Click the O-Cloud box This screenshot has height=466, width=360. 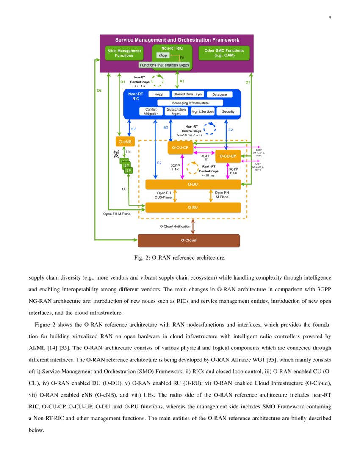click(x=189, y=240)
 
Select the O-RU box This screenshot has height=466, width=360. click(x=193, y=208)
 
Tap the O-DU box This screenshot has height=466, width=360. click(x=193, y=184)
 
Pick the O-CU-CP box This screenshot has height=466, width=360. click(x=180, y=147)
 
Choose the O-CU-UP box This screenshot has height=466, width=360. click(x=228, y=156)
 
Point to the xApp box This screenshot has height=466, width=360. click(x=159, y=94)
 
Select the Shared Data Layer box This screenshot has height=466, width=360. click(x=188, y=94)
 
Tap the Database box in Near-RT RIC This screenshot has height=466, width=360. click(x=219, y=94)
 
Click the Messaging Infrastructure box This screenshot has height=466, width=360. click(x=190, y=103)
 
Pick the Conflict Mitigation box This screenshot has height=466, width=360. click(x=151, y=111)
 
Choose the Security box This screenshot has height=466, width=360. click(x=228, y=111)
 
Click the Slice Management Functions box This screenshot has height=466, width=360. click(x=124, y=53)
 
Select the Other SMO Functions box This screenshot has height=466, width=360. click(x=224, y=53)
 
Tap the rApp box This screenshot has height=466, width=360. click(x=163, y=55)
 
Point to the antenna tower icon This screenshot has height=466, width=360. click(x=116, y=154)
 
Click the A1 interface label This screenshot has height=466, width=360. click(x=182, y=81)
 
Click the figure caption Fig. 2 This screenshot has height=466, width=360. click(x=180, y=258)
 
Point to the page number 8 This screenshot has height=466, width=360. click(x=330, y=17)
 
